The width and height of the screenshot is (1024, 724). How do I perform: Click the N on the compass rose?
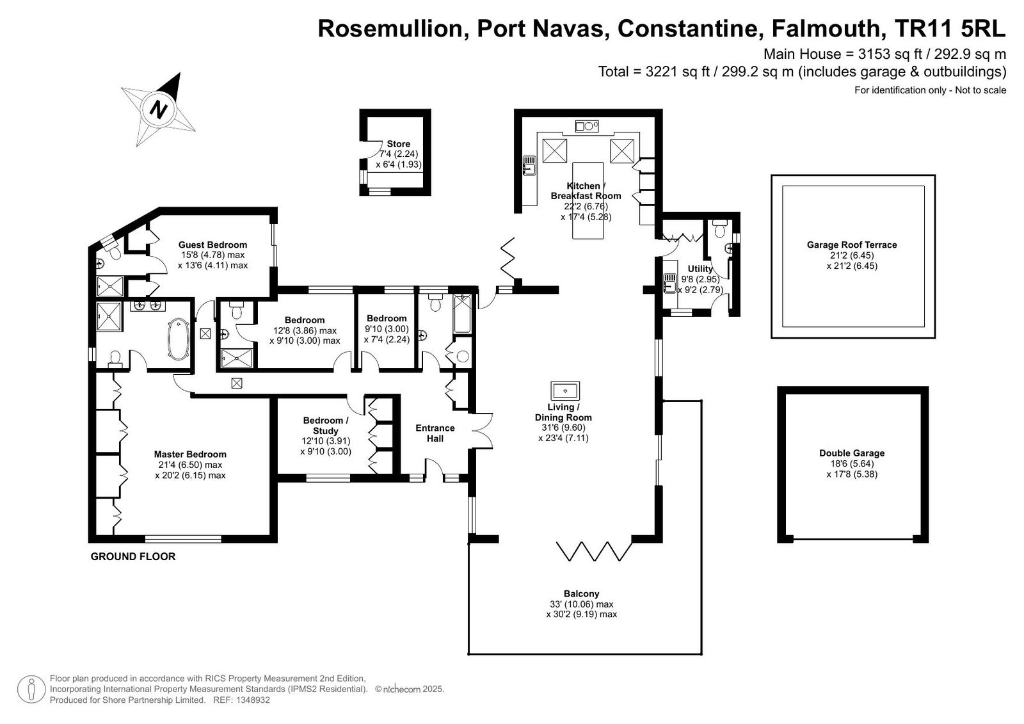click(x=159, y=109)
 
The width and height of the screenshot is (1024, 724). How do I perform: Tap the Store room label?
click(x=398, y=144)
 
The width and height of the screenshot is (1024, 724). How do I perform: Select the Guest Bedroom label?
click(x=212, y=245)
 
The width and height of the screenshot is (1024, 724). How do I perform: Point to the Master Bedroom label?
click(x=190, y=454)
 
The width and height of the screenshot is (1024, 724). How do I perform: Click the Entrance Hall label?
click(x=435, y=433)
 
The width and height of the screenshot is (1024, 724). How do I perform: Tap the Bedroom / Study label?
click(x=326, y=425)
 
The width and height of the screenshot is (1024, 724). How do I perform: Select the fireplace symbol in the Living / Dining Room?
click(x=565, y=390)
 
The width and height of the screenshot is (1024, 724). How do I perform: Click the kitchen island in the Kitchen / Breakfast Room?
click(x=588, y=200)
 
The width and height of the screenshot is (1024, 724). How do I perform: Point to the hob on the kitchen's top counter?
click(x=587, y=125)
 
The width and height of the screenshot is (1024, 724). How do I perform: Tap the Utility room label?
click(x=700, y=269)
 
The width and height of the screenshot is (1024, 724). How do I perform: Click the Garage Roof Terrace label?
click(x=852, y=245)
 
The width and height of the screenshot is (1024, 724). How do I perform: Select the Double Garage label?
click(x=852, y=453)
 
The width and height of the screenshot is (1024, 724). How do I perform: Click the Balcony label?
click(x=581, y=593)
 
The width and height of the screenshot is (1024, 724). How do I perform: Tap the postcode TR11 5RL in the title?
click(x=950, y=28)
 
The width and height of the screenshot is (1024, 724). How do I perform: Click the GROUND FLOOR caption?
click(x=133, y=557)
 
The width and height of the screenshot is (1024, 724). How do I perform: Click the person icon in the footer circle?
click(x=31, y=689)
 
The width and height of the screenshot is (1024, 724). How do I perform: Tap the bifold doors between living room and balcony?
click(x=595, y=551)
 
